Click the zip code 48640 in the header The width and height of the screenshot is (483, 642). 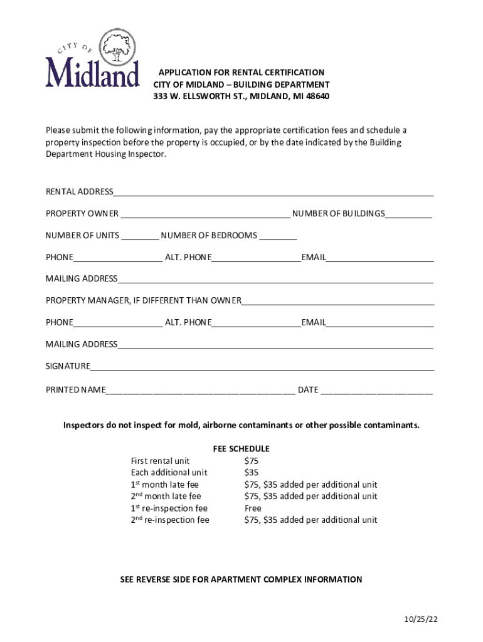pos(317,97)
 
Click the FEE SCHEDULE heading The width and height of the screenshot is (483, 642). pos(242,449)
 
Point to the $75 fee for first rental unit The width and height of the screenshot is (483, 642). pos(251,461)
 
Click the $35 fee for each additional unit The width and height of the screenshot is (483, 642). pos(251,473)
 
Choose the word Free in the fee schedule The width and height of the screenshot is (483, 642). pos(253,508)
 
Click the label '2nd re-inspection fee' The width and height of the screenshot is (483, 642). pos(170,520)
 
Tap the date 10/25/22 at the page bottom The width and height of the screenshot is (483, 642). pos(421,619)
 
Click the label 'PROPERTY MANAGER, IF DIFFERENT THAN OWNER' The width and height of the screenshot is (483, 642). pos(143,300)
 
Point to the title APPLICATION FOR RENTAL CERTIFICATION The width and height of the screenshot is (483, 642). pos(242,73)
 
